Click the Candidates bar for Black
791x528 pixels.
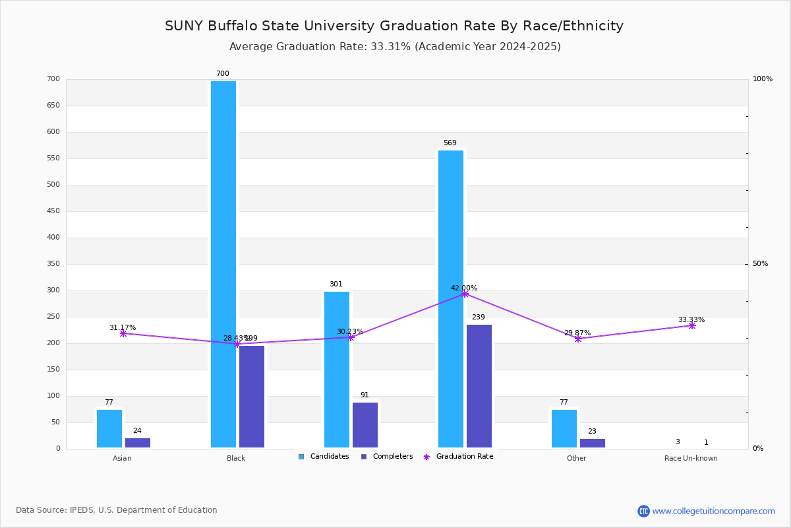[223, 264]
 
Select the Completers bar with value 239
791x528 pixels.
[479, 386]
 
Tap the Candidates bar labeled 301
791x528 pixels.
[337, 370]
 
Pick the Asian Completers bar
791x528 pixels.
[138, 443]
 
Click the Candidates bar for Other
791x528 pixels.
[564, 428]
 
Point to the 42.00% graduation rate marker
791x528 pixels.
[465, 294]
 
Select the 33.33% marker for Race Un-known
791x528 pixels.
[692, 325]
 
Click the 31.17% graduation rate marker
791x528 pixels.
[123, 333]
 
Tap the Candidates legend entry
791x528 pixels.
[324, 457]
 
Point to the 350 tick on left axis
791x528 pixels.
[53, 264]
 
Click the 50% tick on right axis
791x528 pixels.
[760, 264]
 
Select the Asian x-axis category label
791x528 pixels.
[122, 458]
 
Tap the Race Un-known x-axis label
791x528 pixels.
[691, 458]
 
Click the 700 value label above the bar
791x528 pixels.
[223, 74]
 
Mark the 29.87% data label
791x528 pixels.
[577, 333]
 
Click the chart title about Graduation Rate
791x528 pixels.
[394, 26]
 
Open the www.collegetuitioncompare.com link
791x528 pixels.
[713, 511]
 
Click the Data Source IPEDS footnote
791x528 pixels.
[117, 510]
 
